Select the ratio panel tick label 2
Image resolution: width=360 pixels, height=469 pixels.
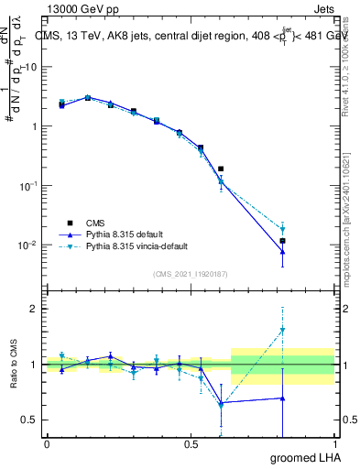point(33,309)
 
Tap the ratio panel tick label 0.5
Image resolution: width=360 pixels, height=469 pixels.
point(28,420)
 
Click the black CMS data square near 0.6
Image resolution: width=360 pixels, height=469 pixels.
point(221,169)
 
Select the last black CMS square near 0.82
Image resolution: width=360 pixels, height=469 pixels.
point(283,241)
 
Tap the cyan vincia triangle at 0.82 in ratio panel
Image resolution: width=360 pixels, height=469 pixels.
point(283,330)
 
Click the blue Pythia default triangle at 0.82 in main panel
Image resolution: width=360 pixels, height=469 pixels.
point(283,251)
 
